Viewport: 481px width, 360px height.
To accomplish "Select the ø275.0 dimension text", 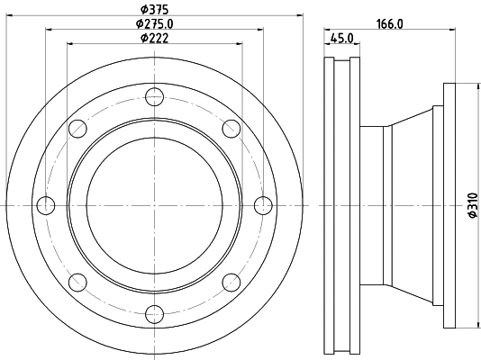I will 155,23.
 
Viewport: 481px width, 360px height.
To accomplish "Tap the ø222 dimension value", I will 155,38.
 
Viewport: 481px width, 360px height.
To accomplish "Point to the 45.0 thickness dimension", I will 342,38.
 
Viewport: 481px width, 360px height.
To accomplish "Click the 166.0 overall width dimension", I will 388,24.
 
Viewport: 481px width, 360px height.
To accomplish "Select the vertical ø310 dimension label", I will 471,206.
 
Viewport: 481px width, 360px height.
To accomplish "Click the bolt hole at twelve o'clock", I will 154,98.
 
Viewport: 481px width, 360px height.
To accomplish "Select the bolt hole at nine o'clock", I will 45,206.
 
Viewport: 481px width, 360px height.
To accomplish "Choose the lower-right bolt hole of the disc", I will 231,282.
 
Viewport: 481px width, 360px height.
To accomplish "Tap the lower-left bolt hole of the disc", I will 77,282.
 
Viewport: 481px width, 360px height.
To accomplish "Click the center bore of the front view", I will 154,206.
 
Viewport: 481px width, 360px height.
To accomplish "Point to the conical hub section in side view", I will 410,206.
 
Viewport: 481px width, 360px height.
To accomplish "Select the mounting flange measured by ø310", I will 450,206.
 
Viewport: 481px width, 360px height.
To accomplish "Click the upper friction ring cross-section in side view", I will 341,90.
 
